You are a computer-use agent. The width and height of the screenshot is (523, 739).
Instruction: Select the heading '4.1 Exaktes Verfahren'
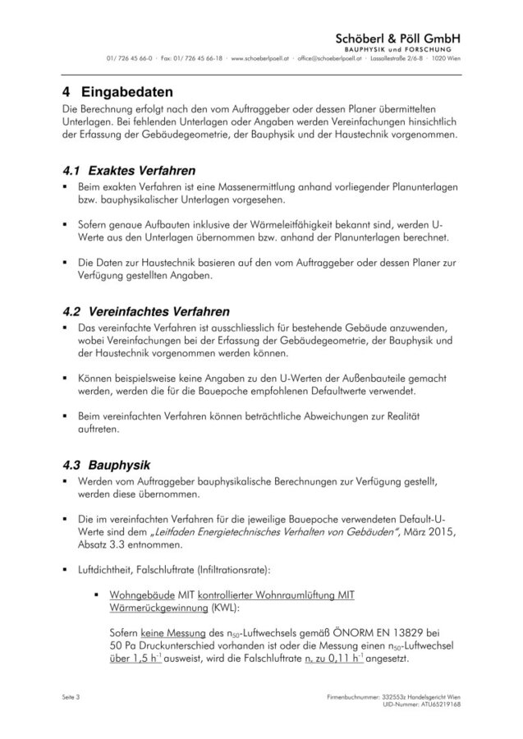coord(129,172)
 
